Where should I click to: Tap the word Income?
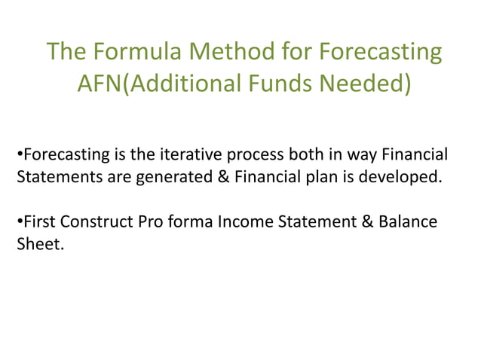click(240, 224)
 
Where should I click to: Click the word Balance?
click(408, 224)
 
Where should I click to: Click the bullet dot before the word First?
click(19, 224)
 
